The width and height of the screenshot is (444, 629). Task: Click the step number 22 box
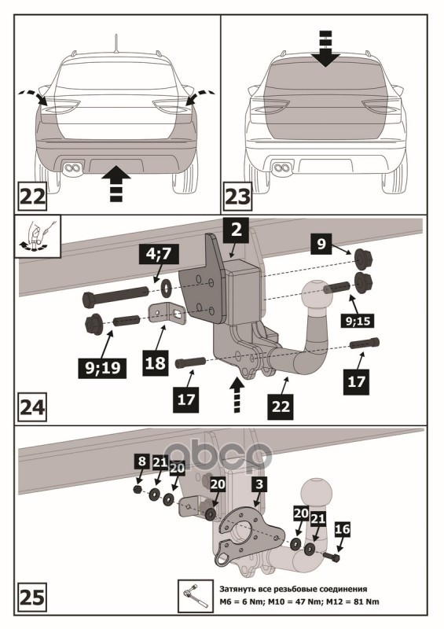tap(32, 197)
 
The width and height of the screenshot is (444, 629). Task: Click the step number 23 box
tap(237, 197)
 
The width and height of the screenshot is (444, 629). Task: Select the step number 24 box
tap(32, 407)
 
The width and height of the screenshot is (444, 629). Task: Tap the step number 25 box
tap(32, 597)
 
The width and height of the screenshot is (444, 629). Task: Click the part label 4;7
tap(160, 255)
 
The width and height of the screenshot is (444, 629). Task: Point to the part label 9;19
tap(103, 367)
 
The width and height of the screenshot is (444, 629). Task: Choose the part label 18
tap(155, 362)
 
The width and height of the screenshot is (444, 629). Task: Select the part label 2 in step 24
tap(237, 230)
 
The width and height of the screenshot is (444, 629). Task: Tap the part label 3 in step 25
tap(259, 484)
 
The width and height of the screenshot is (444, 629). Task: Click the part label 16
tap(342, 529)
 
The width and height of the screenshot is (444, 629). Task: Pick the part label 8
tap(141, 461)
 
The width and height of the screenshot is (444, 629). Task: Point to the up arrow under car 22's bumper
tap(114, 182)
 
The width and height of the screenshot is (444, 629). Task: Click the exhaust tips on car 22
tap(74, 167)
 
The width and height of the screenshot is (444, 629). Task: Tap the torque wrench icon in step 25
tap(196, 595)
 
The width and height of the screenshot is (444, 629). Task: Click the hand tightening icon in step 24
tap(38, 237)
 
